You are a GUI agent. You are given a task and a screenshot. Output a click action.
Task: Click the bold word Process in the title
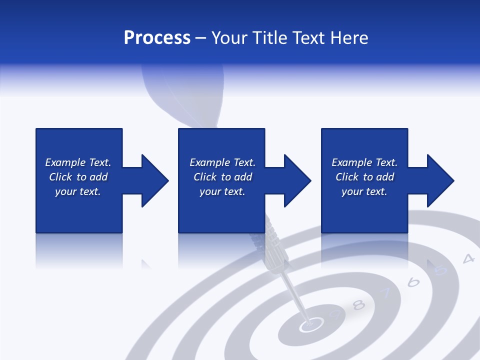click(x=157, y=38)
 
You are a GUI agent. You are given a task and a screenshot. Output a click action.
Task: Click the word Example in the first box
click(x=65, y=162)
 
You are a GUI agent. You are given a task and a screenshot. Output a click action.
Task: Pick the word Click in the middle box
click(x=205, y=177)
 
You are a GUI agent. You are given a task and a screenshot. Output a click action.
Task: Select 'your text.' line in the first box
click(x=78, y=191)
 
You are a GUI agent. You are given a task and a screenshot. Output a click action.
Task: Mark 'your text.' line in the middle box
click(x=222, y=191)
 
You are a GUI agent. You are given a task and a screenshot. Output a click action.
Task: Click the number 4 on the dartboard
click(x=468, y=258)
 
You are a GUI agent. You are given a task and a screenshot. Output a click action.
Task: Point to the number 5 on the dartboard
click(x=440, y=270)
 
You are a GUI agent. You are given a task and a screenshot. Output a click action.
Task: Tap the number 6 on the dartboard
click(x=413, y=282)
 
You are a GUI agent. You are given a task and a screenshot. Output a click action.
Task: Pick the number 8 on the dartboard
click(x=358, y=304)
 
